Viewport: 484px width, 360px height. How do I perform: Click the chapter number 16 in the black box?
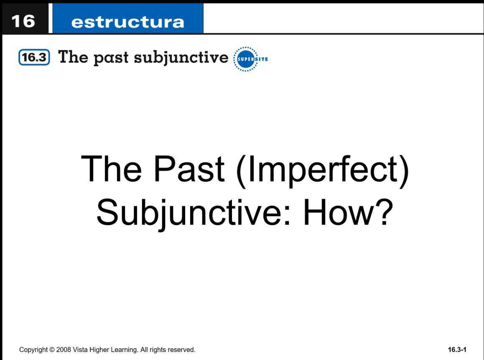tap(23, 21)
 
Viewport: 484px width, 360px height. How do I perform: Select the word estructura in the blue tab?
tap(127, 22)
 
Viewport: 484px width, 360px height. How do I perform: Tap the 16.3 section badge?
tap(34, 58)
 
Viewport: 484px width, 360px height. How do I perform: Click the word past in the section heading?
tap(111, 58)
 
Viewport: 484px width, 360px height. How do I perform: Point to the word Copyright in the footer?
tap(33, 350)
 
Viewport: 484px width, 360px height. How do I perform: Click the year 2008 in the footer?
tap(64, 350)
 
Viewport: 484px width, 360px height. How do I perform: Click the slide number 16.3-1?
tap(457, 350)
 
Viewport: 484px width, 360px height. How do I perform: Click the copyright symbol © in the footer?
tap(52, 350)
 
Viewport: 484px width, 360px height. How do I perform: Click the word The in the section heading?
tap(73, 57)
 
